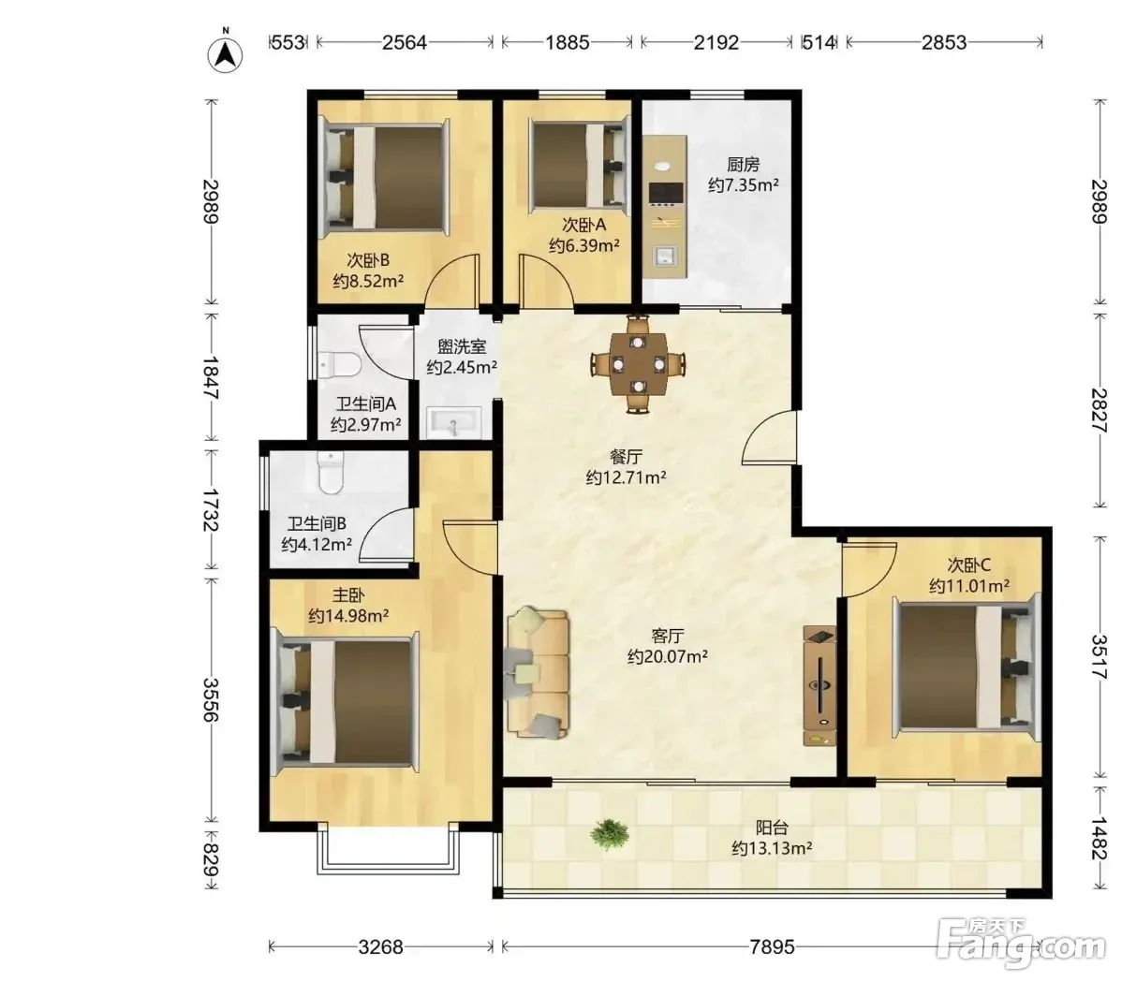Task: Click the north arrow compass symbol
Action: [x=226, y=53]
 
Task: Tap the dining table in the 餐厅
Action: [x=638, y=364]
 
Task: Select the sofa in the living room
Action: [x=539, y=671]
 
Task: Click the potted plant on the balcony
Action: [x=609, y=834]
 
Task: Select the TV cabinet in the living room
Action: [x=819, y=686]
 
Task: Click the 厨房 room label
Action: [x=743, y=165]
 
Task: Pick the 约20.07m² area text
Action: [x=668, y=656]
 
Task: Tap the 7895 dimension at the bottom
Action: [x=772, y=947]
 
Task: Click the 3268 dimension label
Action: [x=380, y=947]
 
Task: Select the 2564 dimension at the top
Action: [x=405, y=42]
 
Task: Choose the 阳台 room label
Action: [x=772, y=828]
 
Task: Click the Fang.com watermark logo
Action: [x=1022, y=939]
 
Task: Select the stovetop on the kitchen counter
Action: [x=665, y=192]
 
